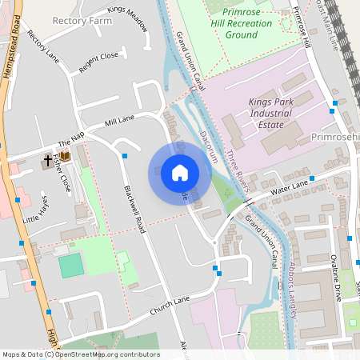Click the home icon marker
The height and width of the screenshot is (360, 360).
coord(180,172)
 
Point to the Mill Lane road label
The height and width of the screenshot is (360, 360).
coord(119,120)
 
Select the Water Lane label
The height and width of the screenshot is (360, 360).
coord(289,187)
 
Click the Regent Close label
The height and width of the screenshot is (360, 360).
coord(99,64)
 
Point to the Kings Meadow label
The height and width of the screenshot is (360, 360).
coord(128,19)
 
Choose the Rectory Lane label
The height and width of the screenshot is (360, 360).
coord(43,47)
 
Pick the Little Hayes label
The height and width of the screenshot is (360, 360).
coord(36,210)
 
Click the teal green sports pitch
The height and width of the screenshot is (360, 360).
coord(70,266)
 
